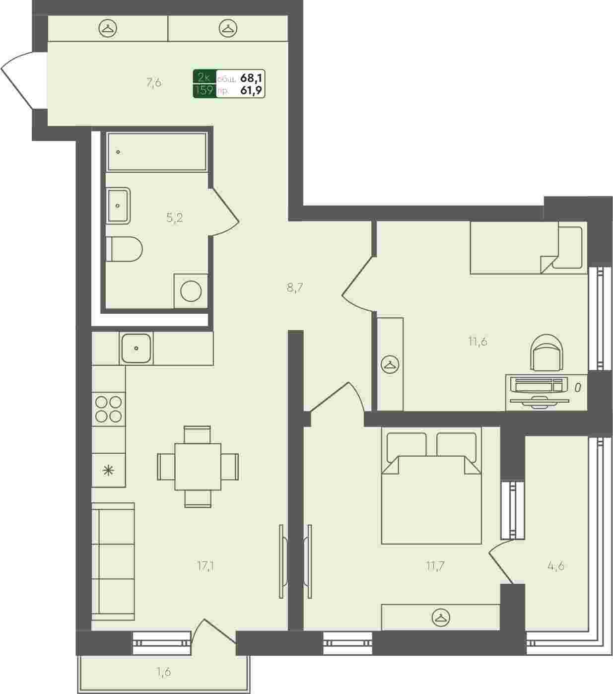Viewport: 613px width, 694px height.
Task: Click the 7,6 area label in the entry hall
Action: tap(154, 82)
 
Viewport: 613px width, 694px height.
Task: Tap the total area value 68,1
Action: tap(251, 78)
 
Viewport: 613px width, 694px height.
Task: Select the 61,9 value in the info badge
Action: tap(251, 90)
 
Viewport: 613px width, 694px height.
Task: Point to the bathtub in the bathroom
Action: tap(157, 152)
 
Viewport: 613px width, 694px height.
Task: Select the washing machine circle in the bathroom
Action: tap(191, 291)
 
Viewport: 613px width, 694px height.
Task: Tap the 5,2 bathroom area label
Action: tap(175, 217)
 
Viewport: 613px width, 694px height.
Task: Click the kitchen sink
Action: tap(136, 348)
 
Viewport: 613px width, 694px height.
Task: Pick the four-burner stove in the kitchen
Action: tap(109, 409)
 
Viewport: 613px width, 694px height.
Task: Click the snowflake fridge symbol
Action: tap(109, 470)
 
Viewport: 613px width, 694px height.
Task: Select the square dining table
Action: tap(198, 467)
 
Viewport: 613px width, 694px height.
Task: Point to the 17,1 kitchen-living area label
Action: tap(206, 566)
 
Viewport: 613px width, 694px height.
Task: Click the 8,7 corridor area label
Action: tap(294, 288)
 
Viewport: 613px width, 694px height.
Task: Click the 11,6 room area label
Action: tap(477, 342)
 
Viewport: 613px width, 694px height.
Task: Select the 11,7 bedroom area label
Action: tap(435, 566)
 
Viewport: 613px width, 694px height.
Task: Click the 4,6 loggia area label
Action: tap(555, 566)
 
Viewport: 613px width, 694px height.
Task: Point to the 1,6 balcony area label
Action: tap(164, 673)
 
